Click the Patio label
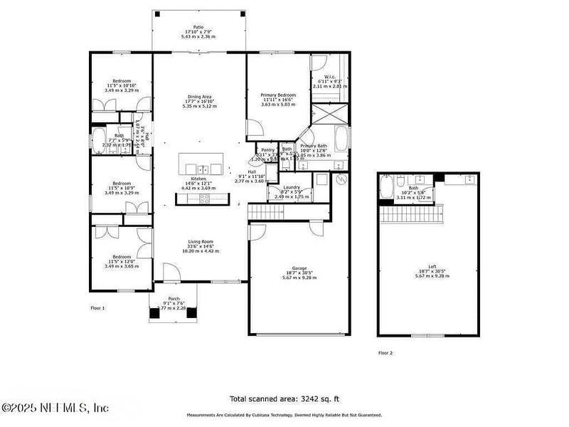click(198, 27)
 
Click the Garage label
click(299, 268)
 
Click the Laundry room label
click(292, 187)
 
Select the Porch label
click(174, 299)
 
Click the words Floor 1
click(97, 308)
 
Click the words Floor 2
click(385, 352)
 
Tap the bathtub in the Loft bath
click(387, 189)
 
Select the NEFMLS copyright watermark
click(55, 408)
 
